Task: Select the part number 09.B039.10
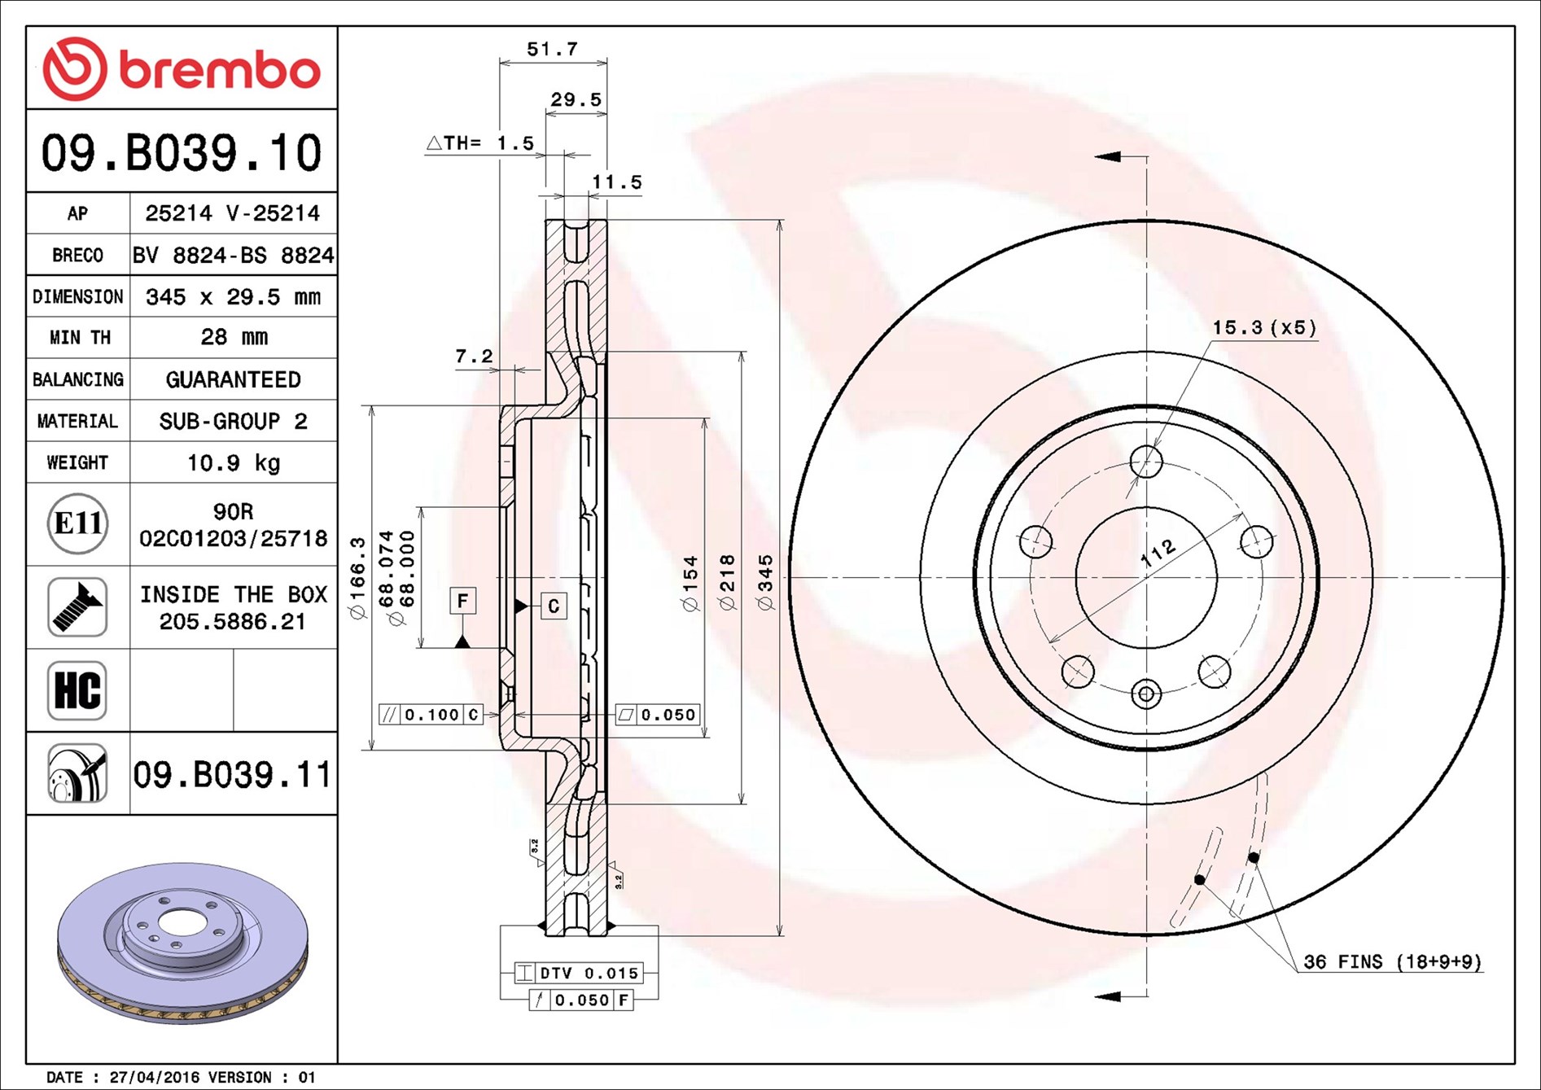(x=182, y=153)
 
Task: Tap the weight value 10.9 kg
(x=234, y=462)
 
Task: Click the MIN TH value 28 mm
(x=234, y=337)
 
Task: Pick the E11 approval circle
(x=77, y=523)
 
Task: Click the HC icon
(x=77, y=690)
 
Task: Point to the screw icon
(x=77, y=607)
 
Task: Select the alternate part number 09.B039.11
(x=233, y=774)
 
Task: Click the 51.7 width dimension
(x=552, y=49)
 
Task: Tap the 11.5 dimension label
(x=616, y=182)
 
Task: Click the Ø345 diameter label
(x=764, y=582)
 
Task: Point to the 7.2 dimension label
(x=474, y=356)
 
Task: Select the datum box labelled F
(x=462, y=601)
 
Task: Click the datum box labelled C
(x=554, y=606)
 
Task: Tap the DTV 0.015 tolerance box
(x=579, y=973)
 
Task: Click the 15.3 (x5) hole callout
(x=1264, y=328)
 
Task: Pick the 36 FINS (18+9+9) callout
(x=1392, y=961)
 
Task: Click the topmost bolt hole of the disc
(x=1146, y=462)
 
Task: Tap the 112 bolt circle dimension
(x=1158, y=553)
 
